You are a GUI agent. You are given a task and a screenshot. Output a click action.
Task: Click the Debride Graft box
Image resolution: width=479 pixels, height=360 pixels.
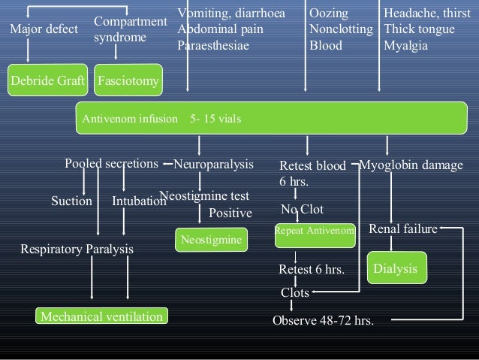click(x=47, y=81)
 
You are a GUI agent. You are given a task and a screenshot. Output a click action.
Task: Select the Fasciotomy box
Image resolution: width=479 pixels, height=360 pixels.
click(x=128, y=81)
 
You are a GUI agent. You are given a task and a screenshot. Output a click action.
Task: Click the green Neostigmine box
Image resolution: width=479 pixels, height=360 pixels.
click(x=212, y=240)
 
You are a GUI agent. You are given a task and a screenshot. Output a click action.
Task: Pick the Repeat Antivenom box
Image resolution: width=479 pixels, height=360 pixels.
click(x=315, y=231)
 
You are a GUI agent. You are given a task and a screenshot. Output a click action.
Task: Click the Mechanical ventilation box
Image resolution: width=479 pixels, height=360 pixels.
click(x=101, y=316)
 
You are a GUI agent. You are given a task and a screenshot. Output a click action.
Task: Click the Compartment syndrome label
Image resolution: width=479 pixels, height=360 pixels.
click(x=129, y=29)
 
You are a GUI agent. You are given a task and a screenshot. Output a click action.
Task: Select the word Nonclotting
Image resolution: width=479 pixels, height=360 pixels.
click(x=341, y=30)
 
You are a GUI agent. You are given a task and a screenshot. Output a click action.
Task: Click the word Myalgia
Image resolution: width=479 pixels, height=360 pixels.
click(x=405, y=45)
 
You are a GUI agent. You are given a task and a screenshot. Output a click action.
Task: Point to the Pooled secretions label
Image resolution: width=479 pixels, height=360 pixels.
click(x=111, y=164)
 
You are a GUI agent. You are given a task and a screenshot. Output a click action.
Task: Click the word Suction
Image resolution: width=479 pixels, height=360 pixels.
click(x=71, y=201)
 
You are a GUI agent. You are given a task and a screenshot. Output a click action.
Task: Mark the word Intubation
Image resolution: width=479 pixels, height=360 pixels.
click(x=138, y=201)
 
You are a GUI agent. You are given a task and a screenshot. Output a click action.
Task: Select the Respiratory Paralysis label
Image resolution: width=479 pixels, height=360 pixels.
click(x=77, y=249)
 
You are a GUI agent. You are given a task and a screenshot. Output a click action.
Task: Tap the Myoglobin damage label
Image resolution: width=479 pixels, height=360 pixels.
click(x=411, y=165)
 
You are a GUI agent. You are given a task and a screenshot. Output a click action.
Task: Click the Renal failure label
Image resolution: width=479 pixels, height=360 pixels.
click(x=403, y=228)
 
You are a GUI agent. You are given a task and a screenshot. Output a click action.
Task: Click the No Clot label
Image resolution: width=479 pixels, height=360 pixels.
click(x=302, y=210)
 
